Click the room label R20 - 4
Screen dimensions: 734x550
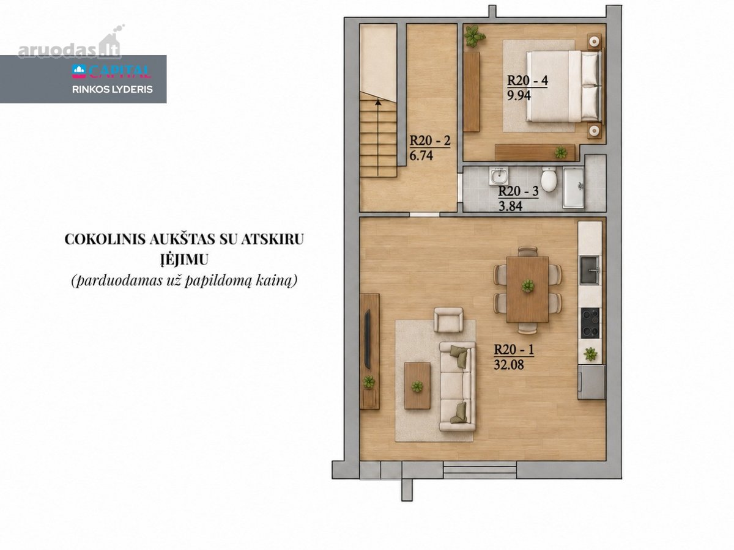(528, 81)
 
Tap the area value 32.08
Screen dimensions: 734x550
(509, 365)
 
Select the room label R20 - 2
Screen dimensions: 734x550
(430, 141)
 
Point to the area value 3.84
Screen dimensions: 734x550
(510, 206)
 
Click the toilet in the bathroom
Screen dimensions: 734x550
(549, 179)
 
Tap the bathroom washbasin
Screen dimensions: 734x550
(499, 176)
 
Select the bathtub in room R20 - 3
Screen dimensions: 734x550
(574, 188)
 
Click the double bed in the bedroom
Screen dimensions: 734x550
(564, 86)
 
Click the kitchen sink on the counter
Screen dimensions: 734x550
(590, 271)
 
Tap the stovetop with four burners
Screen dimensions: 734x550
(590, 323)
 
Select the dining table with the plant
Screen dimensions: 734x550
(527, 289)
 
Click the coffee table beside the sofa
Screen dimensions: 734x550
(417, 386)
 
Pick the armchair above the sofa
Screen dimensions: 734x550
(448, 320)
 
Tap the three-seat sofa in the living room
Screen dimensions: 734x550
(457, 386)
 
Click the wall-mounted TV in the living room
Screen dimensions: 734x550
(367, 339)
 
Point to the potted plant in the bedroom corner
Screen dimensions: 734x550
(473, 35)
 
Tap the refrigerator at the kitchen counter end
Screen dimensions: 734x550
(591, 382)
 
